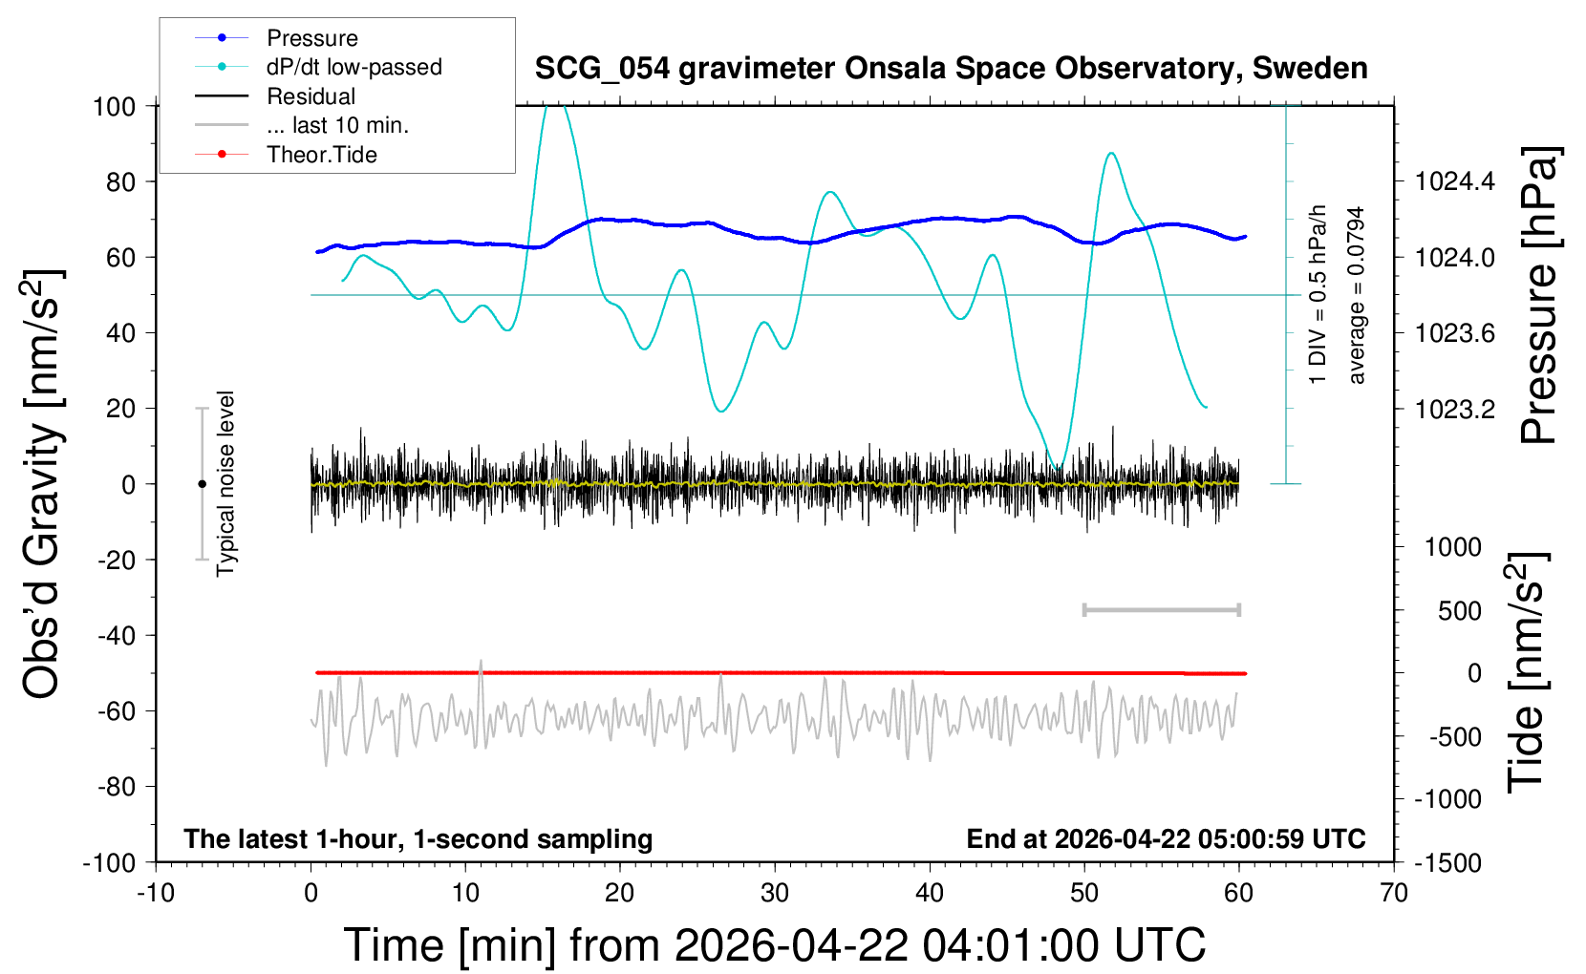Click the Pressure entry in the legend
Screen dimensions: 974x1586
(311, 38)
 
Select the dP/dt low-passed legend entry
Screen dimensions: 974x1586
(354, 67)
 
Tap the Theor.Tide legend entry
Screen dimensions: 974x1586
(321, 155)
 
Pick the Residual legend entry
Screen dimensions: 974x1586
(311, 96)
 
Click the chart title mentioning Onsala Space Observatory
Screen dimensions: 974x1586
(951, 69)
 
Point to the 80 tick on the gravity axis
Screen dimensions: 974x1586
(120, 181)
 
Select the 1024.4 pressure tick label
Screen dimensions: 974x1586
(1454, 181)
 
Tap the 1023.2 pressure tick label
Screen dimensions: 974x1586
(1454, 410)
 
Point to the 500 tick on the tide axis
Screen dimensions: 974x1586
(1459, 611)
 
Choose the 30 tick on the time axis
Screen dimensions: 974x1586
(775, 894)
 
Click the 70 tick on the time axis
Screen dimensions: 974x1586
(1394, 894)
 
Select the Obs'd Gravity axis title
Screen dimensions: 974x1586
(43, 484)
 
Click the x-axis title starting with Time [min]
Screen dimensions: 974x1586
(774, 945)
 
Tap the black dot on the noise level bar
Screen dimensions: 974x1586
(202, 484)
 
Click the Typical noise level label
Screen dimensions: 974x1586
(225, 484)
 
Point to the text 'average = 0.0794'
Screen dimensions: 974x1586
(1357, 296)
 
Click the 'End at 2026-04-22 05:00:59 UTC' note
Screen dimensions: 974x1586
(1166, 838)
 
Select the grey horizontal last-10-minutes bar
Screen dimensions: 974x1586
(1161, 609)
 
